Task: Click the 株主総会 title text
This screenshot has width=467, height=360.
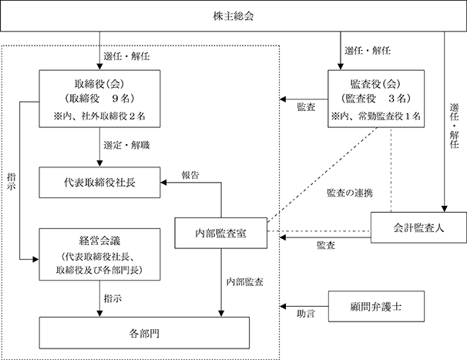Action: point(234,16)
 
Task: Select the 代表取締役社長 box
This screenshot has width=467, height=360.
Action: point(99,183)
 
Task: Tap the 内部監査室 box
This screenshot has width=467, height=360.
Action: point(220,233)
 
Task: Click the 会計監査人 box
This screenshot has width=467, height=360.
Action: point(418,227)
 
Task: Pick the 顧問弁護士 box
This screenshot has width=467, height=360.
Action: point(376,306)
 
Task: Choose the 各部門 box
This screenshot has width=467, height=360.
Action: point(144,333)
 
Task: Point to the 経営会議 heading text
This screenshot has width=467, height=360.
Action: point(99,241)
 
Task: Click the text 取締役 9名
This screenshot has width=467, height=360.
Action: point(99,98)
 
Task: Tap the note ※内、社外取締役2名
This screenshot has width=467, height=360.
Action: point(99,116)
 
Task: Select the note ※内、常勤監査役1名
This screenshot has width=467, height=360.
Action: point(376,116)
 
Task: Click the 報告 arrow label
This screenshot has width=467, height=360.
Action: point(190,175)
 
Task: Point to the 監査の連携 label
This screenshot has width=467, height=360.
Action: point(350,193)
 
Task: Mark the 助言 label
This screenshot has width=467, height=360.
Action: point(306,314)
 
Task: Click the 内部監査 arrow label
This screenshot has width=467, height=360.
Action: point(244,281)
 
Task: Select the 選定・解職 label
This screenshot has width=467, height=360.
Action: point(126,145)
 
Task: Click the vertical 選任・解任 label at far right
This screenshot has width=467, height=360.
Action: point(454,126)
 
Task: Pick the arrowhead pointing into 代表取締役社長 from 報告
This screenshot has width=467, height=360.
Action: point(163,183)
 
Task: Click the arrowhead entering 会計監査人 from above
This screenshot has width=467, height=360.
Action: point(445,209)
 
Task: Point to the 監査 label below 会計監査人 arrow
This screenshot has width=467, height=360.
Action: point(326,245)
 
